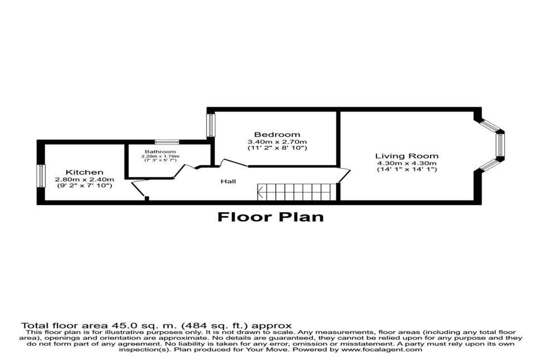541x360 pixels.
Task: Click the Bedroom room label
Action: tap(277, 134)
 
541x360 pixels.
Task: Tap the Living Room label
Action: tap(407, 156)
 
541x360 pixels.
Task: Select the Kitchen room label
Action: tap(85, 172)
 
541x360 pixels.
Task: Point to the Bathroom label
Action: tap(160, 152)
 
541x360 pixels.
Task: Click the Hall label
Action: tap(229, 181)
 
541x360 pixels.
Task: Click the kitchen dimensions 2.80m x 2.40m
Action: tap(85, 179)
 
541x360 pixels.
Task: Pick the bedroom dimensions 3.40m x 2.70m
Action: tap(277, 142)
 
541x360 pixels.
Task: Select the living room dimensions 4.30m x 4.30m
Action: tap(407, 163)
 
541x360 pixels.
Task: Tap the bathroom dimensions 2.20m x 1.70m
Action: tap(160, 156)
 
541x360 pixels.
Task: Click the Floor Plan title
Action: tap(271, 217)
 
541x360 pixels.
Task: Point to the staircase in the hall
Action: tap(297, 192)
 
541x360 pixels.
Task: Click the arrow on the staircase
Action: tap(261, 192)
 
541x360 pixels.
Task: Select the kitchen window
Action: tap(41, 176)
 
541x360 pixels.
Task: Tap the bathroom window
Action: tap(167, 142)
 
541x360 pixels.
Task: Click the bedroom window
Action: tap(211, 124)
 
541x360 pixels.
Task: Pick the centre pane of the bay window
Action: tap(500, 145)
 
